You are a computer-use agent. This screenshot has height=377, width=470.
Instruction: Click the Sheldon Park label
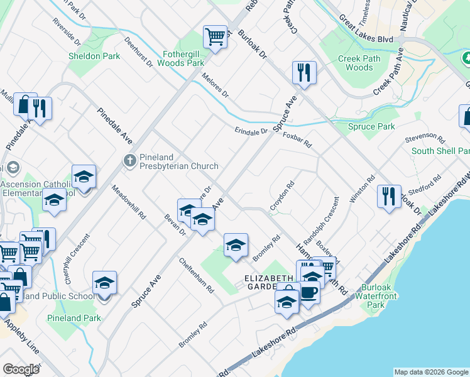tap(94, 56)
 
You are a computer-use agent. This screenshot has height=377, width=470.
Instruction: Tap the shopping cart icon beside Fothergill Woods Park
tap(215, 36)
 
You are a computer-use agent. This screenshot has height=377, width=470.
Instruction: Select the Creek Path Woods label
tap(359, 63)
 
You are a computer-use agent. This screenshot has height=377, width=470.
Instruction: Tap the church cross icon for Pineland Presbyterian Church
tap(129, 160)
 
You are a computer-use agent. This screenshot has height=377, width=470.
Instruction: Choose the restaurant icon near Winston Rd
tap(389, 196)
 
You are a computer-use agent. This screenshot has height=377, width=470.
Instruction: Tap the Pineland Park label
tap(74, 318)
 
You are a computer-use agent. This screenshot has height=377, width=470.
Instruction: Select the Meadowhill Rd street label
tap(129, 202)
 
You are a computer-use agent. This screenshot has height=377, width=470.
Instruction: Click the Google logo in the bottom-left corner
tap(21, 369)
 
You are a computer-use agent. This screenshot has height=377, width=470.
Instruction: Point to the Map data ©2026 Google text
tap(430, 372)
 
